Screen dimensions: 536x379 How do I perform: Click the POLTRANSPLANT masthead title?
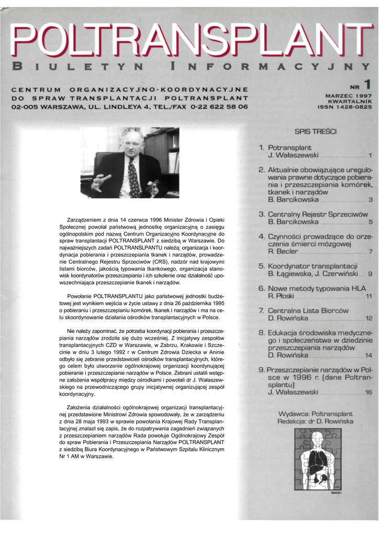pyautogui.click(x=189, y=40)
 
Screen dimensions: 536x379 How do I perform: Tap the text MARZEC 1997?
pyautogui.click(x=348, y=96)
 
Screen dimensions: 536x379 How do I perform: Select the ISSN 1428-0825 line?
pyautogui.click(x=344, y=107)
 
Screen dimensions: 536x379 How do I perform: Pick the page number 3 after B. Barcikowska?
pyautogui.click(x=370, y=199)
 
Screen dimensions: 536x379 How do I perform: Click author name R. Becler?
pyautogui.click(x=283, y=251)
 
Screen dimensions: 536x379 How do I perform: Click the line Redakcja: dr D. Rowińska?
pyautogui.click(x=316, y=421)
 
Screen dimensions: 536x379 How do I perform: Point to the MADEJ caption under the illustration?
pyautogui.click(x=336, y=493)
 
